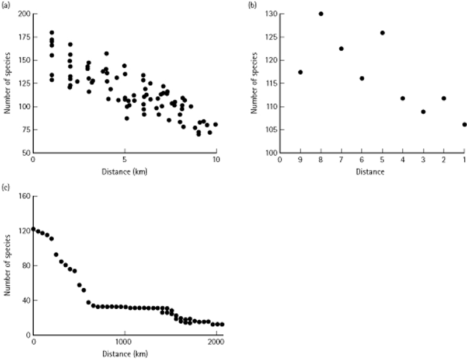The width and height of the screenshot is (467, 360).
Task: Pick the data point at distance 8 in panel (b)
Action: click(x=321, y=13)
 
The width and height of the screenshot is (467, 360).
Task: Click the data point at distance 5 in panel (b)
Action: click(x=382, y=33)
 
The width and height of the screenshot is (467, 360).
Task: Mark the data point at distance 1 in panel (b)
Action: click(x=464, y=124)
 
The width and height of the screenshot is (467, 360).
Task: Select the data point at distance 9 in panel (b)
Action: click(x=300, y=72)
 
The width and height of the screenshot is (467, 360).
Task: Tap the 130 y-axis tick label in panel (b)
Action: click(x=269, y=14)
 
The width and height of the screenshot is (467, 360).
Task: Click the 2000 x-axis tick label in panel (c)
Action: click(x=216, y=342)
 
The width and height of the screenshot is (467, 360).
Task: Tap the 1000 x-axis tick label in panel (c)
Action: click(x=124, y=342)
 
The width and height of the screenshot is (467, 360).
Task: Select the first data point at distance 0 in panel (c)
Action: click(x=34, y=229)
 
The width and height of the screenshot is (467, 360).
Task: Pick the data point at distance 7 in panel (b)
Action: click(x=341, y=49)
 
